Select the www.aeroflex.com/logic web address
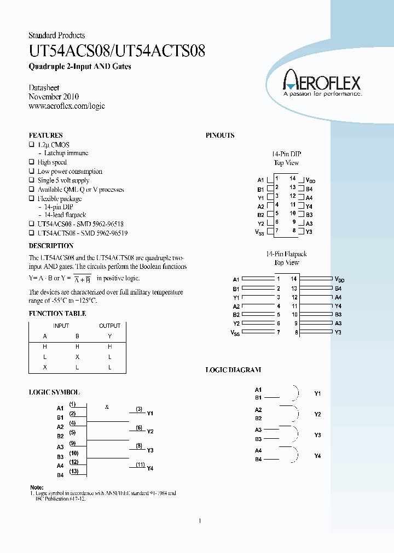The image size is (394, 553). (66, 106)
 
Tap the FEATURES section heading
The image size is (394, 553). (45, 135)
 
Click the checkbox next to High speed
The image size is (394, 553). (31, 162)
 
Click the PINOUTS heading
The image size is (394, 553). (220, 135)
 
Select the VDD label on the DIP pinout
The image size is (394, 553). (310, 180)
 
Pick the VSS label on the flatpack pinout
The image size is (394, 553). (235, 333)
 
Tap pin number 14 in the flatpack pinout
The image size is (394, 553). (294, 279)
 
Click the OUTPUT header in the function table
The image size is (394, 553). (109, 326)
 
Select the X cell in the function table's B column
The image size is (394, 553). (77, 357)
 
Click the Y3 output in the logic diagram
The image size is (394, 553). (317, 435)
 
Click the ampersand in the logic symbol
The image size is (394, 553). (107, 407)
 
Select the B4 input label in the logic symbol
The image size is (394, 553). (60, 475)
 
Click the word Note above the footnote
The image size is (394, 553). (36, 487)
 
